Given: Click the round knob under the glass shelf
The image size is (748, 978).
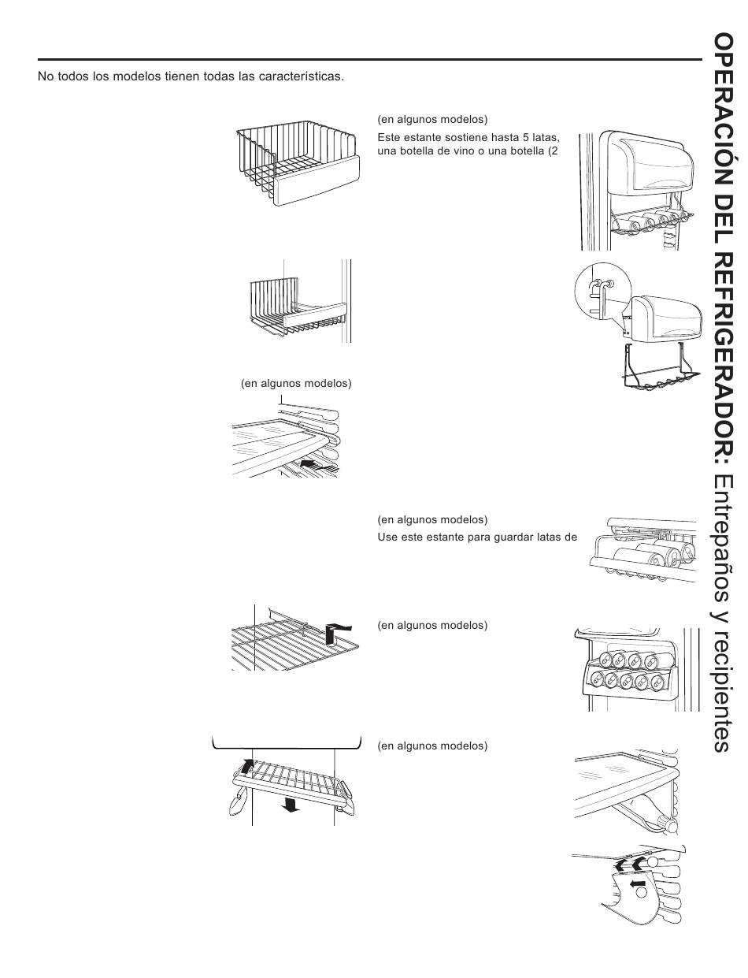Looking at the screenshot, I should [x=671, y=824].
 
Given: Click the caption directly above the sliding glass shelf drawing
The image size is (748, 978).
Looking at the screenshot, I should [x=295, y=384].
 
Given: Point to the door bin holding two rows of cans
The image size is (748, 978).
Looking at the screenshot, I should [x=628, y=670].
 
